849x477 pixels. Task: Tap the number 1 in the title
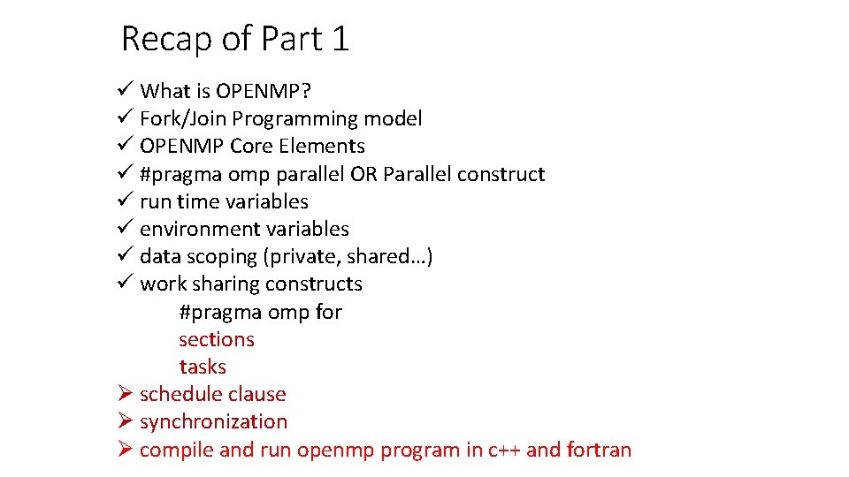[x=340, y=40]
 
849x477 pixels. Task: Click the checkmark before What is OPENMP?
[x=124, y=90]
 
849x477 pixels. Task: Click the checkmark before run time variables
[x=124, y=201]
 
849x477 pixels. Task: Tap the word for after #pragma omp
[x=328, y=312]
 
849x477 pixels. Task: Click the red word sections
[x=217, y=339]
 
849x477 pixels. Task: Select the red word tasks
[x=203, y=367]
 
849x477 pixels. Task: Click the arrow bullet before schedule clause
[x=124, y=394]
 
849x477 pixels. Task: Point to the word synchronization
[x=213, y=421]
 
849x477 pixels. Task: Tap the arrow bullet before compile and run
[x=124, y=449]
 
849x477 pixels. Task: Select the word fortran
[x=600, y=450]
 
